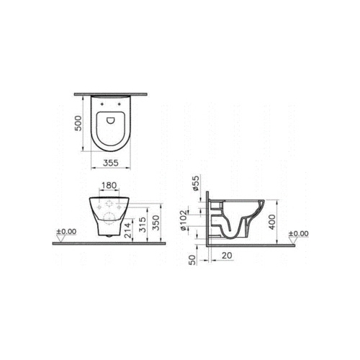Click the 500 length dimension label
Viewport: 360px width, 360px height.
coord(78,123)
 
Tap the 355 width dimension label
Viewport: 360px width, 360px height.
coord(111,163)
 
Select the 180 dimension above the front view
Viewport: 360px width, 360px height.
coord(109,185)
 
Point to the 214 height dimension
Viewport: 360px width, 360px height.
coord(128,230)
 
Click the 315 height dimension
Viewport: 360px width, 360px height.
coord(143,225)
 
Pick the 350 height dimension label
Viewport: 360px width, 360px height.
coord(156,222)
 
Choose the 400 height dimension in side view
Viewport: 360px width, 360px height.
coord(272,222)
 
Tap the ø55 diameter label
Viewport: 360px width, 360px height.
coord(197,183)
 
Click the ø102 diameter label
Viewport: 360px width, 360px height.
coord(184,220)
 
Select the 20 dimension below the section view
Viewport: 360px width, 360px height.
coord(227,256)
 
